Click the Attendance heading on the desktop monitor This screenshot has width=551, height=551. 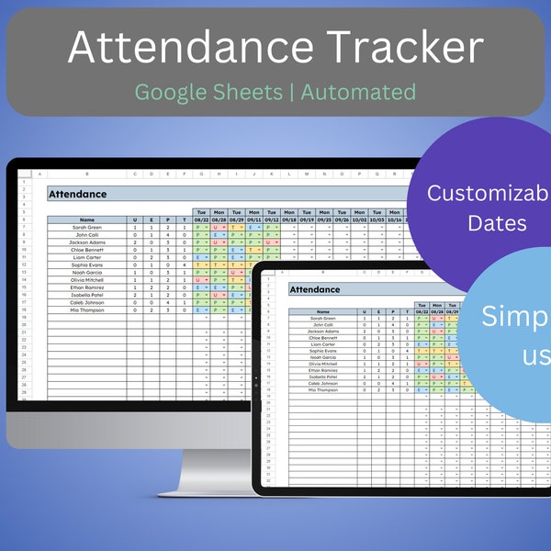(x=77, y=195)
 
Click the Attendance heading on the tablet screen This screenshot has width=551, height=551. (x=315, y=290)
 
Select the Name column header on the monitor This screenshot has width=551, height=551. (x=86, y=220)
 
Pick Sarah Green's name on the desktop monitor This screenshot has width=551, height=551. (x=86, y=228)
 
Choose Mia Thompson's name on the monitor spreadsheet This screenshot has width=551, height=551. (x=86, y=310)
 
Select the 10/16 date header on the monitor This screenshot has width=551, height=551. (x=395, y=220)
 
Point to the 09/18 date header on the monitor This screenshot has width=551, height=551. (x=288, y=220)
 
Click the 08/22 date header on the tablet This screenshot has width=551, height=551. (x=422, y=311)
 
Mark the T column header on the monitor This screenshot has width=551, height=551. (x=185, y=220)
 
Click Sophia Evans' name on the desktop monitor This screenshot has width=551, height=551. (x=86, y=264)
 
